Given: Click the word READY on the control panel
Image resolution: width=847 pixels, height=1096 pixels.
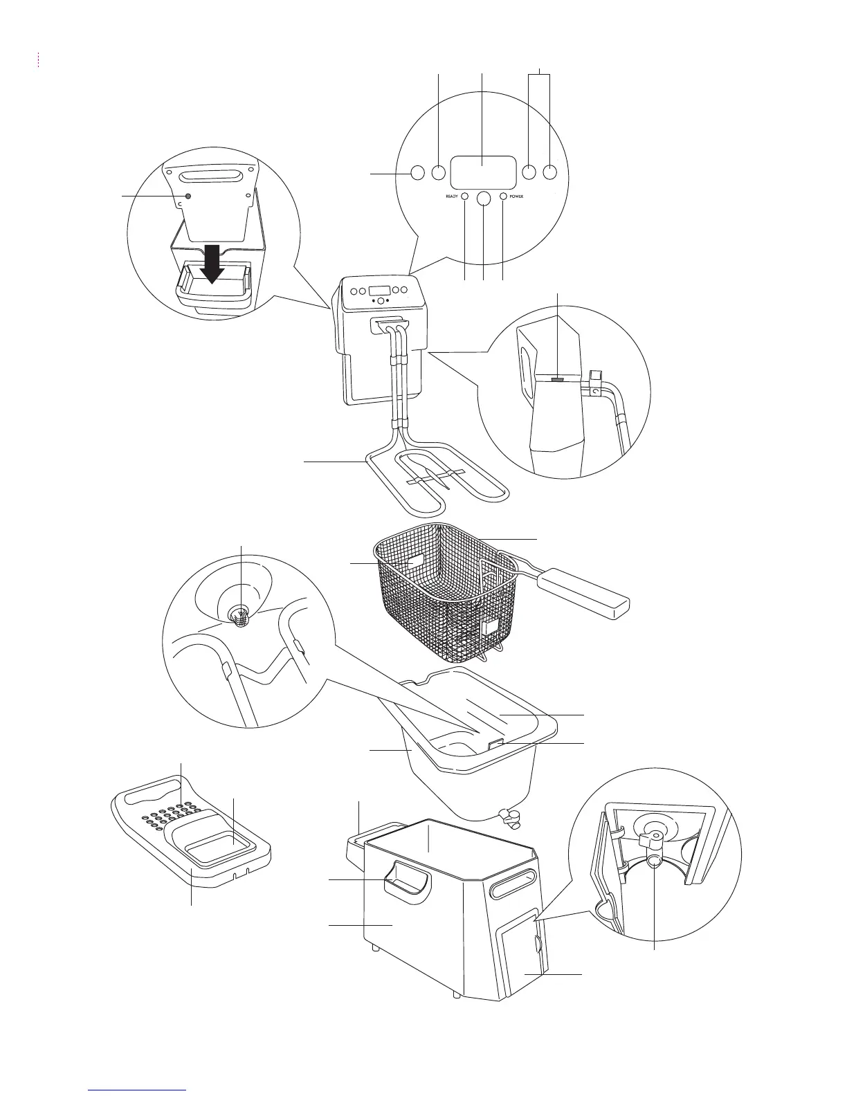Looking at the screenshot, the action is (452, 197).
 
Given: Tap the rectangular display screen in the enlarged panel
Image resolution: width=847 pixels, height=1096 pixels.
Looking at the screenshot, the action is (484, 172).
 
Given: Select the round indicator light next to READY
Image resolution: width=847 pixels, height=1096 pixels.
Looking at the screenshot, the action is (465, 197).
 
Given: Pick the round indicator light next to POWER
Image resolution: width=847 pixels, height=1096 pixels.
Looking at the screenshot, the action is (503, 197).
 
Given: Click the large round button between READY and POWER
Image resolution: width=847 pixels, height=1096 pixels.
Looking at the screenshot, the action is (484, 199).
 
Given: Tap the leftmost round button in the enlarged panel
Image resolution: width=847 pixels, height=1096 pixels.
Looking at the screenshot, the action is (417, 172).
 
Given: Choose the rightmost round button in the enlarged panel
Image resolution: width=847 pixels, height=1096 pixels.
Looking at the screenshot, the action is (550, 172).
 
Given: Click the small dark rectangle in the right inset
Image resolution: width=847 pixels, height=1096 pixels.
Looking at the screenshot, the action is (558, 379).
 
